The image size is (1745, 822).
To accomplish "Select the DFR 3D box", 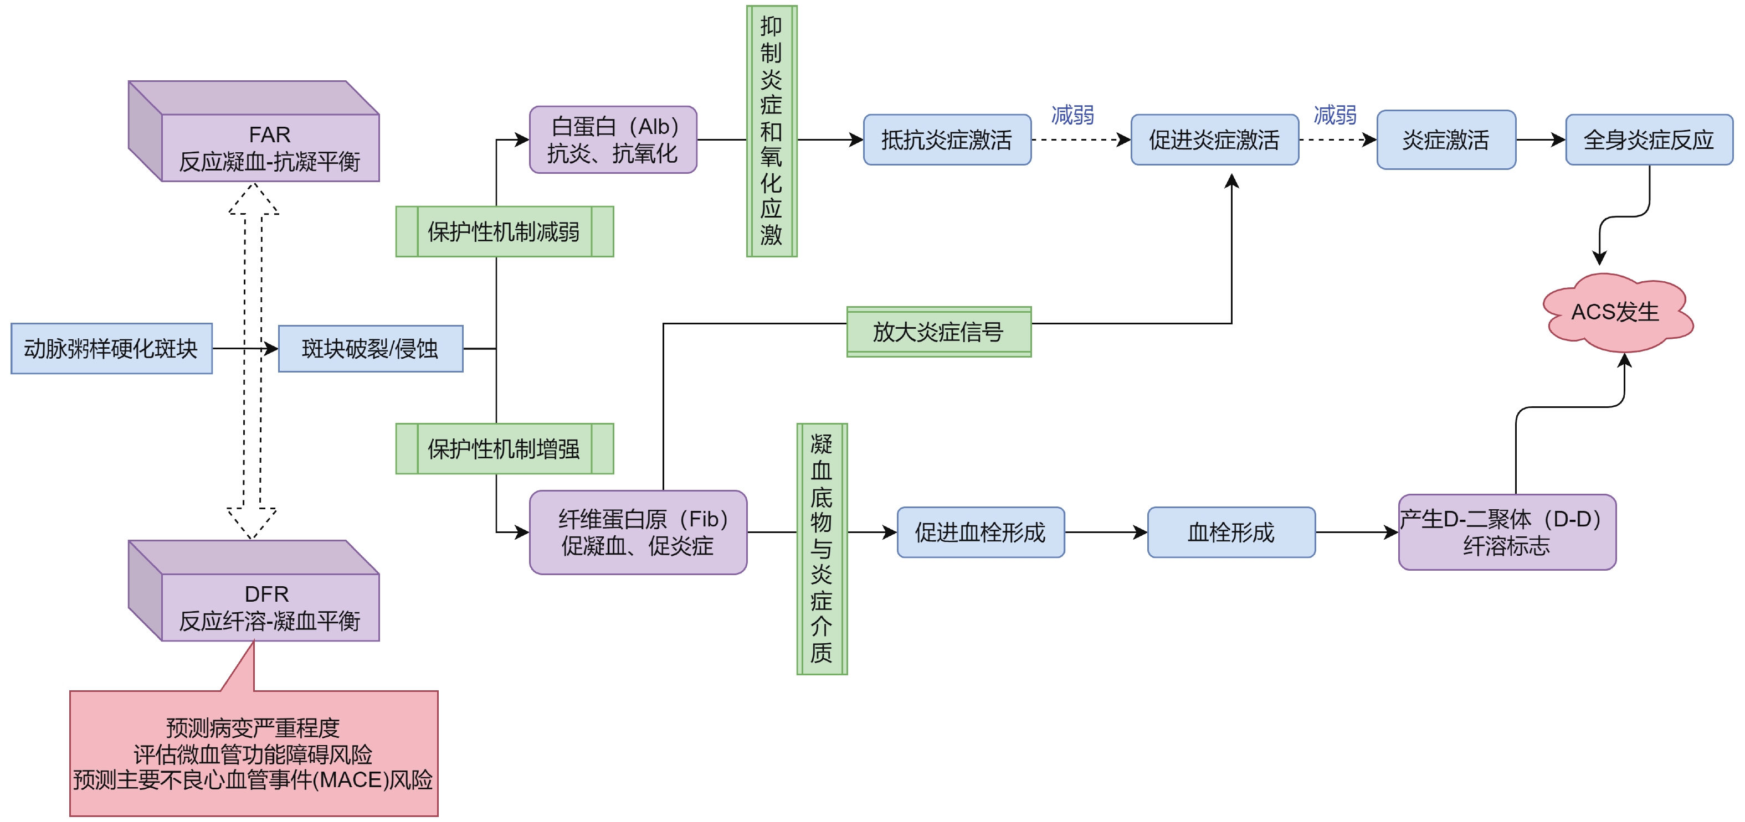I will click(x=270, y=607).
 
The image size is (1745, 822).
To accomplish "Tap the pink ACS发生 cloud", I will click(x=1616, y=312).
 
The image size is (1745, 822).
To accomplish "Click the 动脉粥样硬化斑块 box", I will click(x=111, y=349).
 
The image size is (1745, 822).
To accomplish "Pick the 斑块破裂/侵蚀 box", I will click(x=370, y=349).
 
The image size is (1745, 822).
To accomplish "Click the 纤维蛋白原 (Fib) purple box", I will click(x=638, y=532).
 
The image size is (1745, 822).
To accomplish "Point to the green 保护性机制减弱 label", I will click(x=504, y=231).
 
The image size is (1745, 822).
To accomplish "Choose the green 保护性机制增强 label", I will click(x=504, y=448).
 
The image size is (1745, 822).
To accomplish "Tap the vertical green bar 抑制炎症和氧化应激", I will click(x=772, y=131).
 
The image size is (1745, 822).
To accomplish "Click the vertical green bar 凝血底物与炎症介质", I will click(x=822, y=549).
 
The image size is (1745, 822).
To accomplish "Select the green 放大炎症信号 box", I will click(x=938, y=332).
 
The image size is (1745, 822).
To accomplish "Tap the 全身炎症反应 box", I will click(x=1648, y=139).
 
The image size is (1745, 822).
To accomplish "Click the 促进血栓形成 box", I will click(x=980, y=532).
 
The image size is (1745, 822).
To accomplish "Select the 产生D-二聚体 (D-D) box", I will click(x=1507, y=532).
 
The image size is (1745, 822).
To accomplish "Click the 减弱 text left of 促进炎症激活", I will click(x=1072, y=115).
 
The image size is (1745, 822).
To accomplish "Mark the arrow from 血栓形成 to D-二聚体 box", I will click(x=1356, y=532).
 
